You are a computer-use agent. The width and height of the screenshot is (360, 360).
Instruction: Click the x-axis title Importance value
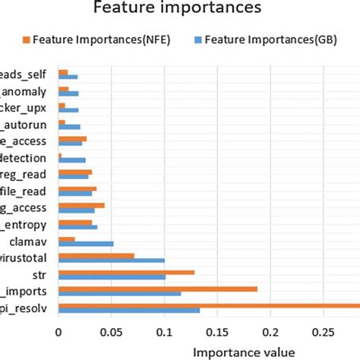coord(244,352)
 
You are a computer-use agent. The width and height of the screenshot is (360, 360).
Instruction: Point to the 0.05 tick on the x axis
coord(111,332)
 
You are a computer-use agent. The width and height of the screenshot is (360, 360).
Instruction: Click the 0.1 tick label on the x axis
coord(164,332)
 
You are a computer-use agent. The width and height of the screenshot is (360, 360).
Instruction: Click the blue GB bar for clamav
coord(86,244)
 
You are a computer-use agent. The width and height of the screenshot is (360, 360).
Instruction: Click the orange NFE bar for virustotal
coord(96,256)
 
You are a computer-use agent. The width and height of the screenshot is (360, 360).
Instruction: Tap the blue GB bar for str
coord(112,277)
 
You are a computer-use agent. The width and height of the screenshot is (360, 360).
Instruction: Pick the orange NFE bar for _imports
coord(158,289)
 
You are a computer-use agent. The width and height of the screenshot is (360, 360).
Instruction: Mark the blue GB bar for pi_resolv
coord(129,310)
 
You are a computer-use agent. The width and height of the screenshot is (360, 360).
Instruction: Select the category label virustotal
coord(27,258)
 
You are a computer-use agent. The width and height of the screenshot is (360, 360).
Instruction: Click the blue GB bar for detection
coord(72,160)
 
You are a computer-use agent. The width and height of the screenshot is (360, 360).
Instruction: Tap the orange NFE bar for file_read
coord(77,189)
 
